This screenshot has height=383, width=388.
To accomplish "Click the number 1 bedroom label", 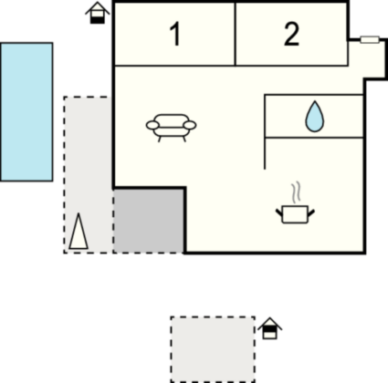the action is pyautogui.click(x=175, y=35).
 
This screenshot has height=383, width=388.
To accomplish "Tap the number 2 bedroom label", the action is pyautogui.click(x=291, y=35).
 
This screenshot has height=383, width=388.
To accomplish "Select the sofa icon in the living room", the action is pyautogui.click(x=171, y=128).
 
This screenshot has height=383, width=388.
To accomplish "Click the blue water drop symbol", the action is pyautogui.click(x=315, y=117).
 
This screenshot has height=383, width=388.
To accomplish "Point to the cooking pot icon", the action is pyautogui.click(x=295, y=214).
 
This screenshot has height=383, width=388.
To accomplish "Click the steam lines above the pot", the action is pyautogui.click(x=297, y=192).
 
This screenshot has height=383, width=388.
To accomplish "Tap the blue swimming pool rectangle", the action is pyautogui.click(x=26, y=112).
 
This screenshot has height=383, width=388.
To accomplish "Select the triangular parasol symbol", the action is pyautogui.click(x=79, y=232).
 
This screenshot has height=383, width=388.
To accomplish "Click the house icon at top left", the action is pyautogui.click(x=98, y=13).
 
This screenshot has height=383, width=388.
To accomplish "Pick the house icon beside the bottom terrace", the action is pyautogui.click(x=270, y=328).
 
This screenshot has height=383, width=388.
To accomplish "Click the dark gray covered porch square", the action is pyautogui.click(x=149, y=222).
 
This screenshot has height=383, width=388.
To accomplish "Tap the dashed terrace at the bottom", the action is pyautogui.click(x=213, y=349).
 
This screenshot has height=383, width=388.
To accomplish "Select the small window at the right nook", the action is pyautogui.click(x=370, y=39).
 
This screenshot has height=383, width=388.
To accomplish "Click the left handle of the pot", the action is pyautogui.click(x=279, y=212).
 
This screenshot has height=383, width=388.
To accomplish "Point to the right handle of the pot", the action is pyautogui.click(x=311, y=212).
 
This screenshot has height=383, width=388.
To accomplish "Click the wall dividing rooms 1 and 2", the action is pyautogui.click(x=236, y=34).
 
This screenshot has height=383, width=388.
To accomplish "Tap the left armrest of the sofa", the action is pyautogui.click(x=152, y=125).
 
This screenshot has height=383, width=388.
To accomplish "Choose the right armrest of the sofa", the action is pyautogui.click(x=190, y=125).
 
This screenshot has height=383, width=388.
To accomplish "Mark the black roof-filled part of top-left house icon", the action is pyautogui.click(x=98, y=20).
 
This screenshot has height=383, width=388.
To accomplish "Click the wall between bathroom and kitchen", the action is pyautogui.click(x=314, y=138).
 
